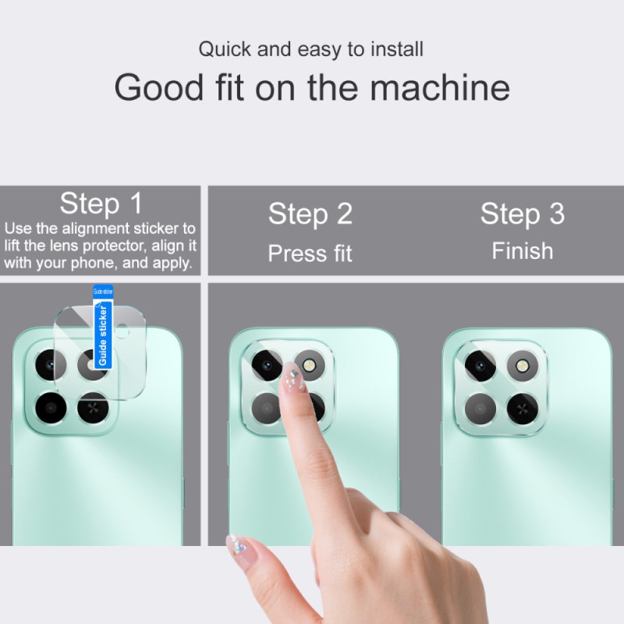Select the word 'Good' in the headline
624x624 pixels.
coord(159,87)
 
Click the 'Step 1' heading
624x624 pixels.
coord(101,204)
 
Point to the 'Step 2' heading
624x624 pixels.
coord(310,214)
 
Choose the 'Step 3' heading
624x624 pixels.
coord(523,214)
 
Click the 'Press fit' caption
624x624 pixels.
coord(310,253)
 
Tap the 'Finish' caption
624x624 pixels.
coord(523,251)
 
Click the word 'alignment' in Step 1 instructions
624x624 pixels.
coord(96,229)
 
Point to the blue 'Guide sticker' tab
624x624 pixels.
coord(103,327)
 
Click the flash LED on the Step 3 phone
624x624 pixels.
coord(522,365)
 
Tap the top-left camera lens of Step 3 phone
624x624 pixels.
coord(480,366)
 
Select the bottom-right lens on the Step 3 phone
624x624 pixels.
coord(523,408)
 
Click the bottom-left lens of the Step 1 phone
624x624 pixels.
coord(51,407)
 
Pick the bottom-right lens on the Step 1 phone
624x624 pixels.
coord(93,407)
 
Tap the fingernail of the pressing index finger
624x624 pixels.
coord(293,378)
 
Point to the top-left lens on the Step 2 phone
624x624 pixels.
coord(267,365)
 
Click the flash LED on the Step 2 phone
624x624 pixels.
coord(309,364)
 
